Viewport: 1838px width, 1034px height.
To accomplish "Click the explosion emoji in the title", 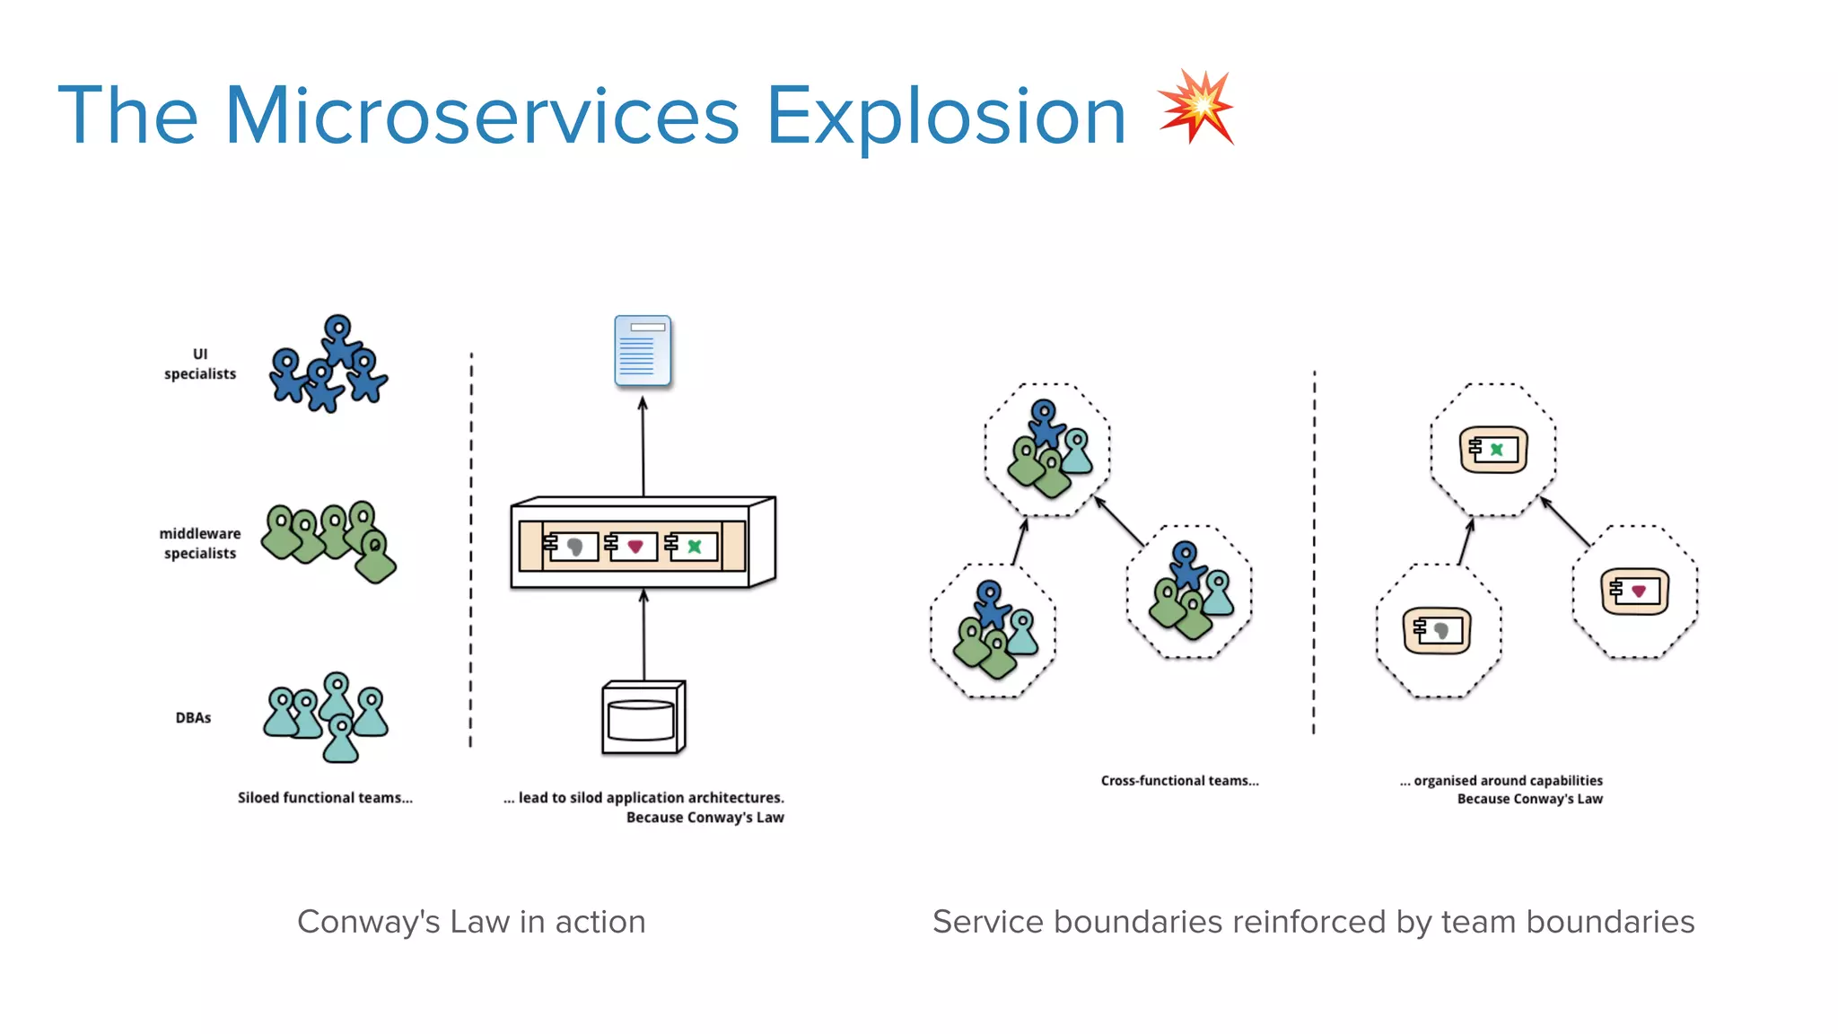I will pos(1196,107).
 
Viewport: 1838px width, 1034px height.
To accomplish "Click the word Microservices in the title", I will pos(482,117).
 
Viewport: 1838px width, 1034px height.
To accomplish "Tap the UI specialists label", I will pos(200,364).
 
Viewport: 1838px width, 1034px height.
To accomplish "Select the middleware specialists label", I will pos(200,543).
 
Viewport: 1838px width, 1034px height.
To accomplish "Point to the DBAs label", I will pos(193,718).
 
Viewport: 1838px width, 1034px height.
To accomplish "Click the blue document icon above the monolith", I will pos(643,351).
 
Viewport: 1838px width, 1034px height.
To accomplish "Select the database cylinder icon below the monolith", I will pos(643,718).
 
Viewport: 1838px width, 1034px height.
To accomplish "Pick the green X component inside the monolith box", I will pos(694,546).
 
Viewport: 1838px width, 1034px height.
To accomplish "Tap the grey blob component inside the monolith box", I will pos(574,546).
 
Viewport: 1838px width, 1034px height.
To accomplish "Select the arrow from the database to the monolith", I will pos(643,634).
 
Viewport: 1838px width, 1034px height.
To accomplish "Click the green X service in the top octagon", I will pos(1494,450).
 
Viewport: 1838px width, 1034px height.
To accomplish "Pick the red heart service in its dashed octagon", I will pos(1636,591).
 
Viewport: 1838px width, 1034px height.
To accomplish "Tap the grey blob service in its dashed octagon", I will pos(1439,631).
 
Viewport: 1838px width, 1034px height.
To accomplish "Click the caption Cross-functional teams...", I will pos(1179,781).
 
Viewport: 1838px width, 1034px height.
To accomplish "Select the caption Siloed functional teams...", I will pos(325,797).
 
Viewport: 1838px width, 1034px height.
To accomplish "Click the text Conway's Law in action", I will pos(471,922).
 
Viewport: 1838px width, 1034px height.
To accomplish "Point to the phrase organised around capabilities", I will pos(1508,781).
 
